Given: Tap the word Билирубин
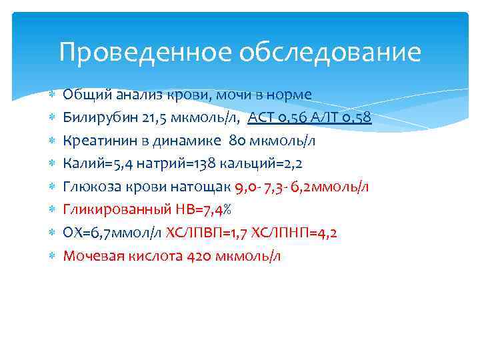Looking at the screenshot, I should point(99,118).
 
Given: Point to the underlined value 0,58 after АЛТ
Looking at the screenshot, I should point(358,118).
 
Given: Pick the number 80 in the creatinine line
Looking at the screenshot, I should point(237,141).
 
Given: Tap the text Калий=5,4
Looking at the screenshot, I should point(94,163).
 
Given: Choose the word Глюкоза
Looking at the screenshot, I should point(91,186).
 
